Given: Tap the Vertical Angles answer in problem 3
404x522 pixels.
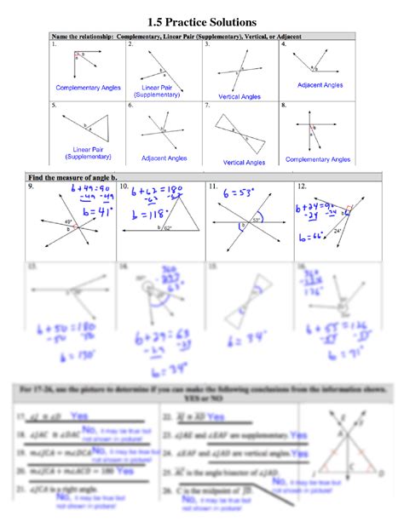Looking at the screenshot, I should [x=240, y=97].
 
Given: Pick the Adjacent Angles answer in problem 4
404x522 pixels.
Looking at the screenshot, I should [x=320, y=85].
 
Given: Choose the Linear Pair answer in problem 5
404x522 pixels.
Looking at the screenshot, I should [x=84, y=153].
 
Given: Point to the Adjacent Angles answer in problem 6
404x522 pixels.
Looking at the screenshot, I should [x=164, y=158].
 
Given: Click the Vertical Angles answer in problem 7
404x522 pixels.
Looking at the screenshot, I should [x=246, y=162].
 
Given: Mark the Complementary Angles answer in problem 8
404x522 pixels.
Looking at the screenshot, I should [x=318, y=158].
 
